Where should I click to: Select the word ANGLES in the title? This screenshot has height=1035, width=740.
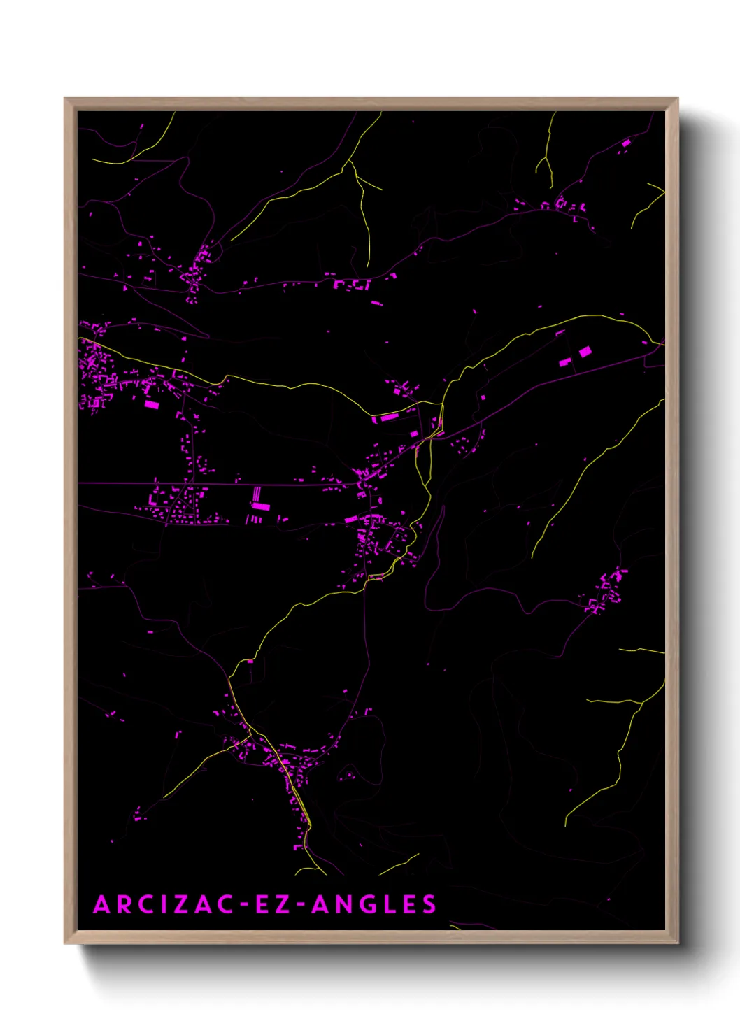tap(374, 904)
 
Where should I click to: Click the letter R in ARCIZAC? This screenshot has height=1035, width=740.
tap(124, 904)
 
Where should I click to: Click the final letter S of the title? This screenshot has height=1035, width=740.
tap(429, 904)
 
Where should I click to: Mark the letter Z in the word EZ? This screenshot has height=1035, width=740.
tap(282, 904)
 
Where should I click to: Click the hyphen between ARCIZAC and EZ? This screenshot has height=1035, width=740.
tap(243, 905)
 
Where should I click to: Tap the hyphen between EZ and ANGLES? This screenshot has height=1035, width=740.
tap(299, 905)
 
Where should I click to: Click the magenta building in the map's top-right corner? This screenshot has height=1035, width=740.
tap(625, 143)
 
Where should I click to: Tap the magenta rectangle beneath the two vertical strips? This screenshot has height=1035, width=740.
tap(260, 506)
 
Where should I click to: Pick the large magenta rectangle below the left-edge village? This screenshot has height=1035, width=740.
tap(152, 404)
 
